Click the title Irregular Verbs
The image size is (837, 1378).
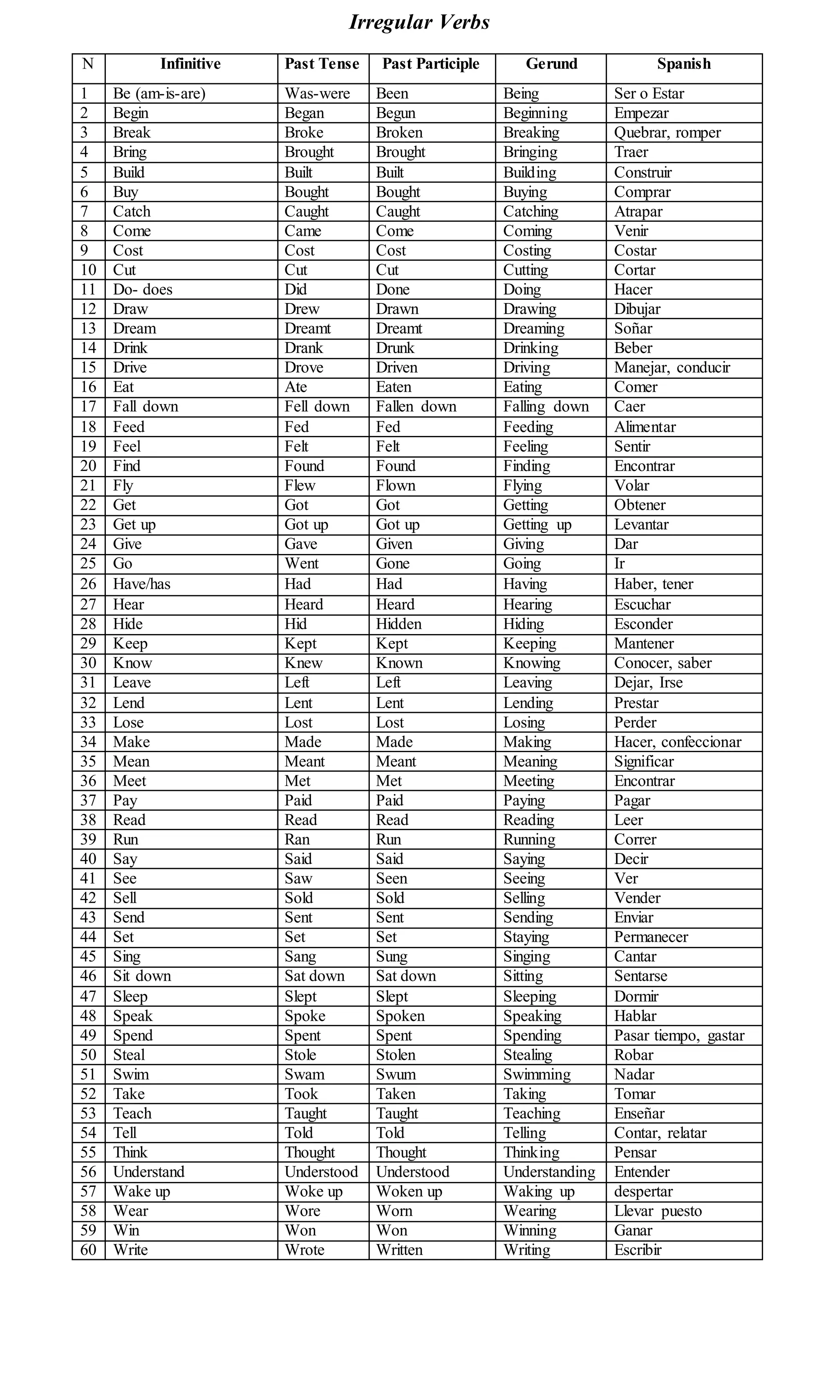[419, 22]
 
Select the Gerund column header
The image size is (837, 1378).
[551, 64]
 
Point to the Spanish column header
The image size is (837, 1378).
[684, 64]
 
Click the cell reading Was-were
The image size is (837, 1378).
[317, 94]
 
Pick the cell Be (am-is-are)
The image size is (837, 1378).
[159, 94]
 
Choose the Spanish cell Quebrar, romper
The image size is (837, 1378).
[667, 132]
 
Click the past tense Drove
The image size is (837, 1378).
[304, 367]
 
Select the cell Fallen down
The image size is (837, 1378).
[416, 406]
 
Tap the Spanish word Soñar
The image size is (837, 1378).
[633, 328]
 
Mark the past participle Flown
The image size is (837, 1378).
[396, 485]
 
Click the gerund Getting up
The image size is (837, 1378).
[537, 525]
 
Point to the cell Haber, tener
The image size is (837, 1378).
[653, 584]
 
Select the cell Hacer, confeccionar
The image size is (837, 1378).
[678, 741]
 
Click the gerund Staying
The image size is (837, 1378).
[526, 937]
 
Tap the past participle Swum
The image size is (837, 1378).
[396, 1074]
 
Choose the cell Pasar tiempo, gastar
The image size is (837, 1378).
[679, 1035]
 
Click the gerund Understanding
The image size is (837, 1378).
[549, 1172]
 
